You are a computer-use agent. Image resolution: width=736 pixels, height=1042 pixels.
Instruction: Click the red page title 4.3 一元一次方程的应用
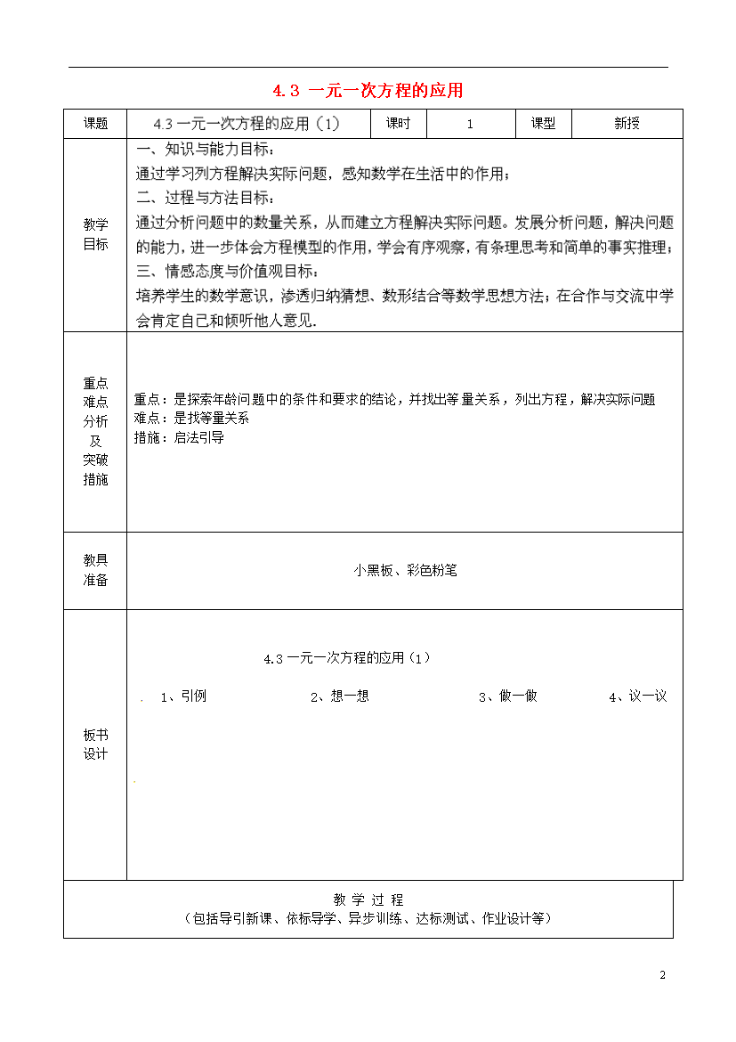click(368, 90)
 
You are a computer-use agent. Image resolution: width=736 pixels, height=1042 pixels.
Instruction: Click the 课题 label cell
click(95, 124)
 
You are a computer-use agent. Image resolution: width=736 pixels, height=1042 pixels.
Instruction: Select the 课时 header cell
click(398, 124)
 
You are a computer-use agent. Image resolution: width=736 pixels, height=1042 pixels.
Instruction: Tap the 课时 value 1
click(470, 125)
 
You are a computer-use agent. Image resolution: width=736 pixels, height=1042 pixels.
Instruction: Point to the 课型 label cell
click(543, 124)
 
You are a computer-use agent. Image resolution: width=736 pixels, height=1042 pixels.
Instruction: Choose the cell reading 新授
click(627, 124)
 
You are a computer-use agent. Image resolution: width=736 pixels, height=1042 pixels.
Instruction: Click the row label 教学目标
click(95, 235)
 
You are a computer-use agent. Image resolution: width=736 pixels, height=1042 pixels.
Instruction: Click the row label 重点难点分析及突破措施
click(95, 431)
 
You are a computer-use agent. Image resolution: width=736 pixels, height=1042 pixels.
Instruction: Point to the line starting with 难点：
click(191, 418)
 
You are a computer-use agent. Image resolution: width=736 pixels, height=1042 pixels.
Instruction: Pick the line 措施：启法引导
click(179, 437)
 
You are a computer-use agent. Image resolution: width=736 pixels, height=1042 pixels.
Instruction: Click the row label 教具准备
click(95, 570)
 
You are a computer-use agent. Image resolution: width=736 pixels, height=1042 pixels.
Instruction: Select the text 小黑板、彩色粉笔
click(405, 571)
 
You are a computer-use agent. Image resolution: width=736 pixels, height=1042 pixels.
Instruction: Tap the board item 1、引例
click(183, 696)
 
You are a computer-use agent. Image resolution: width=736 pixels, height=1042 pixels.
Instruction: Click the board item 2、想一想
click(339, 696)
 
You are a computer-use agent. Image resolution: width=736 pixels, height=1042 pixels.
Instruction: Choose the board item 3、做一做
click(507, 696)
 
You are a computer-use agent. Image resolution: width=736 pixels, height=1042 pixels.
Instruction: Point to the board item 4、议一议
click(637, 696)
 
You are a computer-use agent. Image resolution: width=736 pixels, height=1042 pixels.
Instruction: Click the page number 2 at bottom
click(662, 974)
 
